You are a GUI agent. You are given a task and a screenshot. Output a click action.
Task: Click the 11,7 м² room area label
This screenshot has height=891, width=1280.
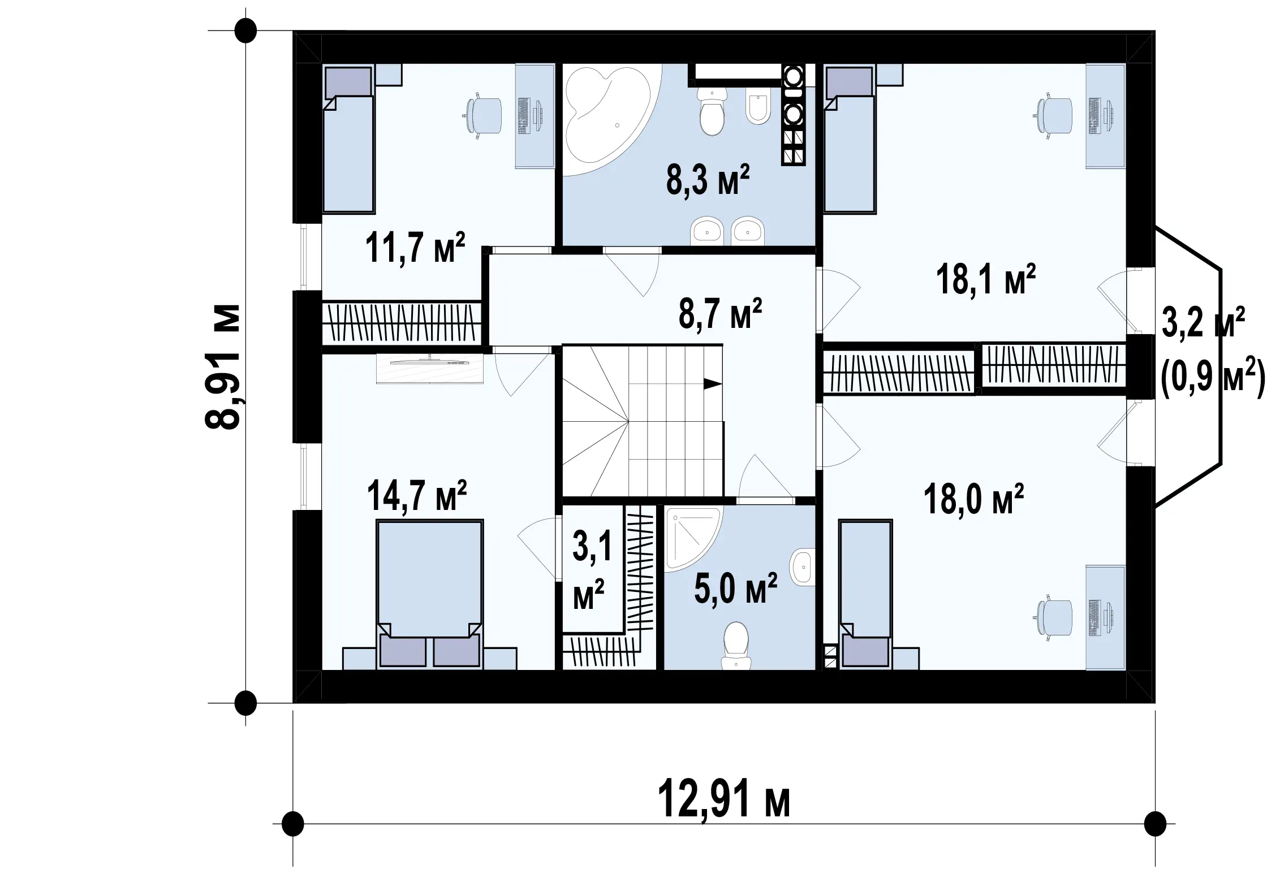point(415,248)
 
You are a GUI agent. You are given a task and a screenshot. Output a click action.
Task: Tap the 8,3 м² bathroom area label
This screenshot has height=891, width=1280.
point(708,180)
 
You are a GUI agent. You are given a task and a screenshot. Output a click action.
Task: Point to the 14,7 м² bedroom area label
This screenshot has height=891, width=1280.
point(417,495)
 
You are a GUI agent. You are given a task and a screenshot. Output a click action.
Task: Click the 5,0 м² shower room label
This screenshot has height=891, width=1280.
point(735,588)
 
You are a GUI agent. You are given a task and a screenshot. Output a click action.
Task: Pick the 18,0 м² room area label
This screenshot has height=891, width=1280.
point(973,499)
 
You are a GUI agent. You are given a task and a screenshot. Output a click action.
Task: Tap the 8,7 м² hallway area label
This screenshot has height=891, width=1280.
point(720,313)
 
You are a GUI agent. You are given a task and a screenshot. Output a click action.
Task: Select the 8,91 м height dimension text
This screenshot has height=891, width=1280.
point(222,367)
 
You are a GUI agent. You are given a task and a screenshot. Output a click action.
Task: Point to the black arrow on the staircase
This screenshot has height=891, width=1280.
point(713,384)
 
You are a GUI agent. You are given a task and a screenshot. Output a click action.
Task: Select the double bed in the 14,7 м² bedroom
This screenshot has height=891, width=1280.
point(430,594)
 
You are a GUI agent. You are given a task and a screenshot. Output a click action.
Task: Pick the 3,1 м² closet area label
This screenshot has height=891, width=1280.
point(590,572)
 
